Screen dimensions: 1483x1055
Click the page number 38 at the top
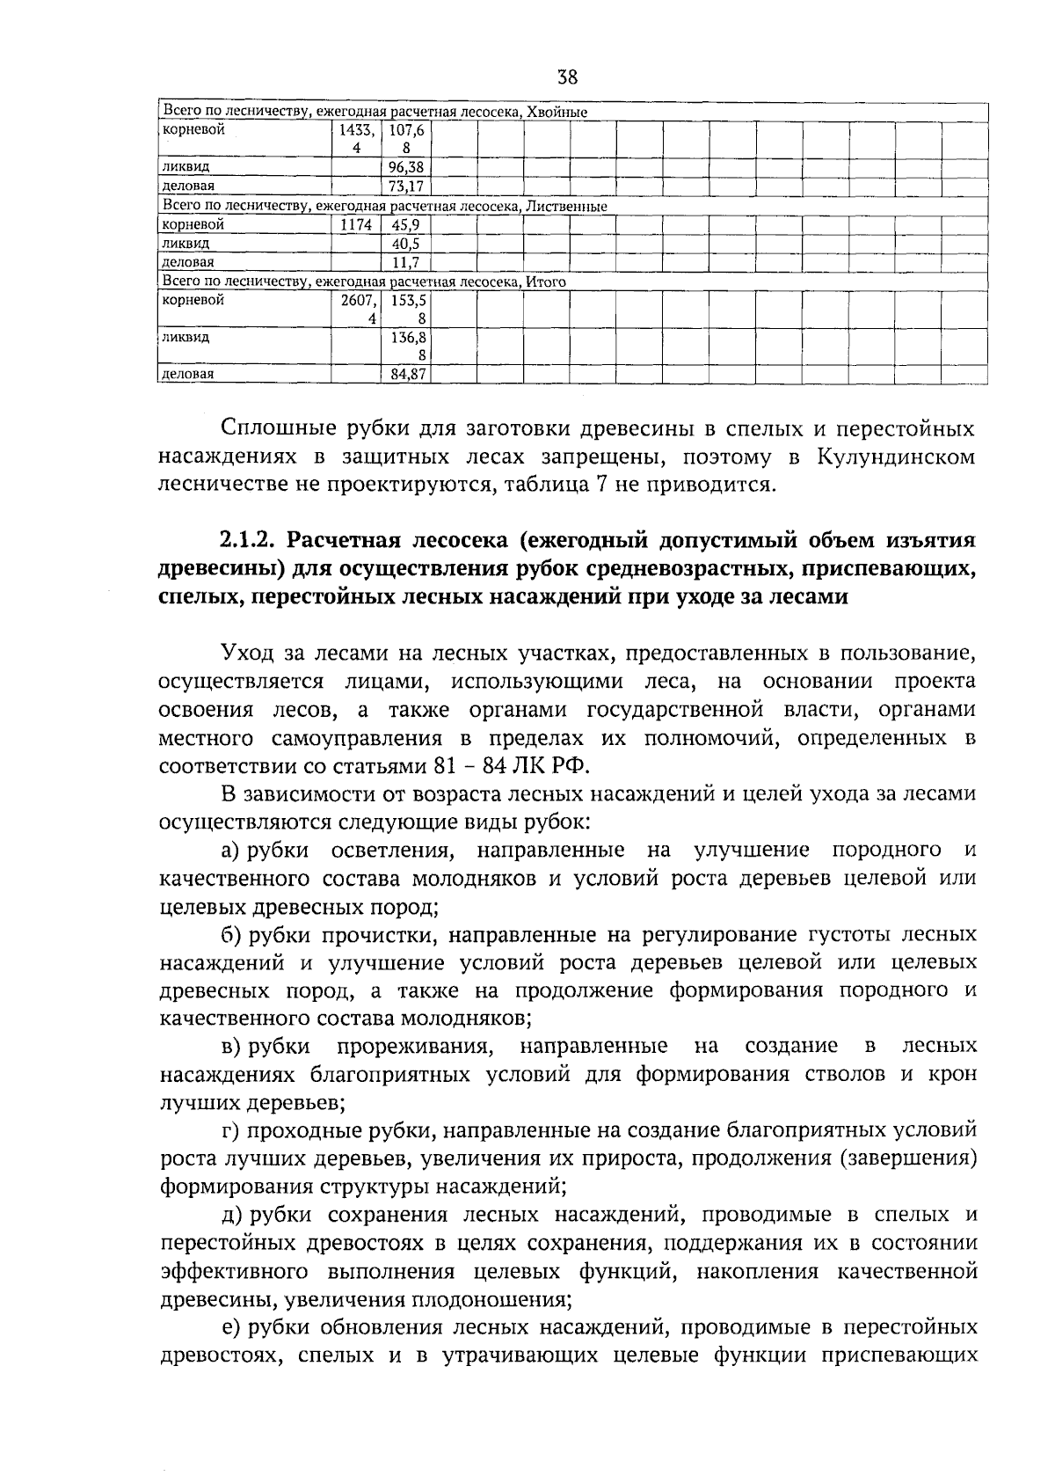[x=567, y=77]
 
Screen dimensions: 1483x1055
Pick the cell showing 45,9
[x=406, y=224]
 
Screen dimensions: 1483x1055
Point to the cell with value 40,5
[x=406, y=243]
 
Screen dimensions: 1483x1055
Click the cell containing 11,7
[x=406, y=262]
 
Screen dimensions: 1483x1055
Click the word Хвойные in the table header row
[x=558, y=112]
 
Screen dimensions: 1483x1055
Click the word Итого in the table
[x=546, y=281]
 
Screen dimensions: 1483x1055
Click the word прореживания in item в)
[x=413, y=1047]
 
